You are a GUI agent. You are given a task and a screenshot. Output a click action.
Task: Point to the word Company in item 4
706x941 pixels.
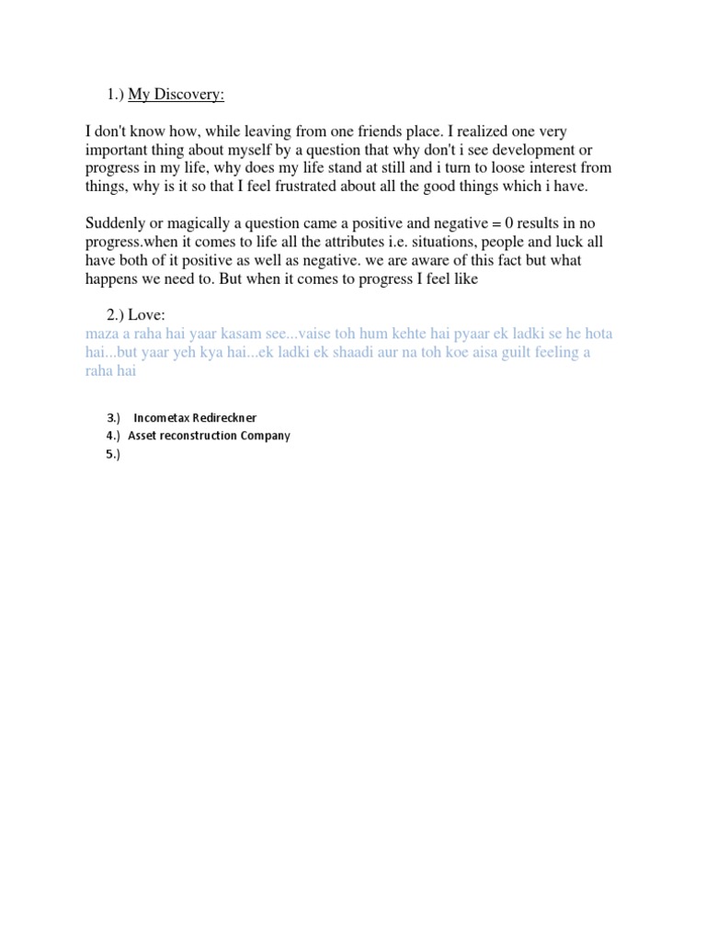[x=265, y=436]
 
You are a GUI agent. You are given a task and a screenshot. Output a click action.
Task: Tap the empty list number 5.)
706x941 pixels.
[x=113, y=453]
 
